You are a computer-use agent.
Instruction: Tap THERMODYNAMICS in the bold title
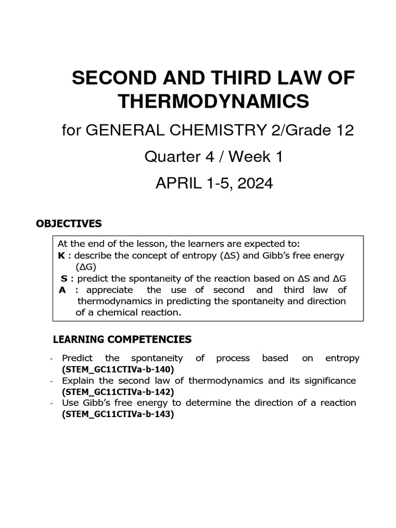[x=213, y=102]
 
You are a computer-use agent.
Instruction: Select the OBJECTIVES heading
[x=69, y=224]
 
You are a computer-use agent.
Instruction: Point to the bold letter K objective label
[x=60, y=256]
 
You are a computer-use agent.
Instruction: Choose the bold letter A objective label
[x=62, y=290]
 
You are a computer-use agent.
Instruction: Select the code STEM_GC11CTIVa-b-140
[x=118, y=369]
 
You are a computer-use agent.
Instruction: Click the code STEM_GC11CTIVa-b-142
[x=118, y=392]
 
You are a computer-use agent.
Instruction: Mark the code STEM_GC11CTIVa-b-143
[x=118, y=414]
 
